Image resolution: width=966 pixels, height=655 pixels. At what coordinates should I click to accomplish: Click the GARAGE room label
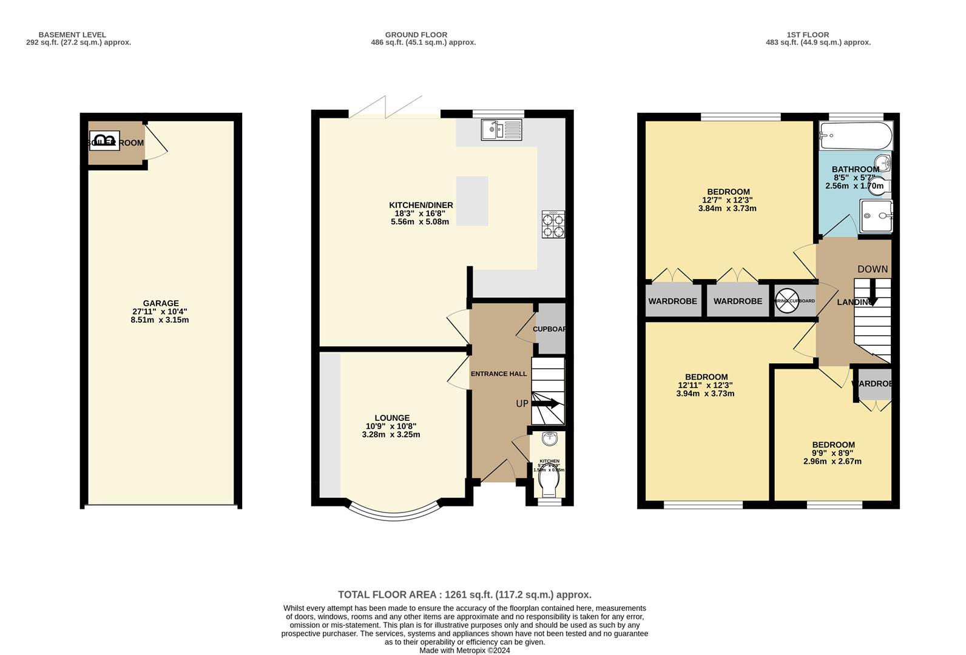(x=161, y=303)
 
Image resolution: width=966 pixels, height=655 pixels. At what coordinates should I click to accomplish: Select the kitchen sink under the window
(x=501, y=129)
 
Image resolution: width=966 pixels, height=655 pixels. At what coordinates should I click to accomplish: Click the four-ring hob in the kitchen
(x=553, y=224)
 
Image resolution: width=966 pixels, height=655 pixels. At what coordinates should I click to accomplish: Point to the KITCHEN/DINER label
(x=421, y=205)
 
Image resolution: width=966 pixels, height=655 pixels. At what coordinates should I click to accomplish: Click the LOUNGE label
(x=392, y=418)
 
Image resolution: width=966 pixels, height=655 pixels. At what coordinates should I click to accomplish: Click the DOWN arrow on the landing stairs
(x=873, y=292)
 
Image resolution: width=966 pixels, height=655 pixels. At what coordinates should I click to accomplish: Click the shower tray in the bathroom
(x=876, y=217)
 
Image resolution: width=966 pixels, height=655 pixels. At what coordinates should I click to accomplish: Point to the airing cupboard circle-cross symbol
(x=787, y=301)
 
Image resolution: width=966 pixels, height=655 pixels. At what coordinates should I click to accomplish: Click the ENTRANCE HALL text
(x=499, y=374)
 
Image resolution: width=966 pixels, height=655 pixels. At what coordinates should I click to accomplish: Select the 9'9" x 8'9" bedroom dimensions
(x=833, y=453)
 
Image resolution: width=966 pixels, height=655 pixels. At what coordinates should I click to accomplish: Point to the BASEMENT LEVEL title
(x=72, y=35)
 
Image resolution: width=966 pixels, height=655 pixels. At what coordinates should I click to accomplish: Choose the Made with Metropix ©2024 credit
(x=464, y=650)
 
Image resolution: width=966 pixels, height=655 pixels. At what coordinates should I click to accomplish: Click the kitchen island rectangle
(x=472, y=201)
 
